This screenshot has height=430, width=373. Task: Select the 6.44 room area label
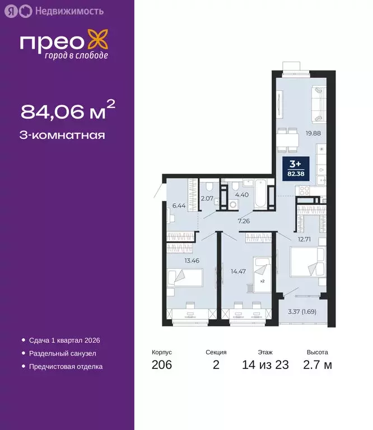tap(179, 205)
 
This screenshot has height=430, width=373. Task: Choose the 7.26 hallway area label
tap(244, 221)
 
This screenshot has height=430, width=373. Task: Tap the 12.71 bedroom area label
tap(304, 239)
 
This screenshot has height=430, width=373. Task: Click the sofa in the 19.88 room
tap(317, 104)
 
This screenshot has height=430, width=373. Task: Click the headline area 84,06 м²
tap(68, 112)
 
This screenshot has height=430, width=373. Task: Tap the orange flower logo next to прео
tap(98, 43)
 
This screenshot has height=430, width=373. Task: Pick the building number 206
tap(161, 366)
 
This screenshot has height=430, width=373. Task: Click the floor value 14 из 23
tap(265, 366)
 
